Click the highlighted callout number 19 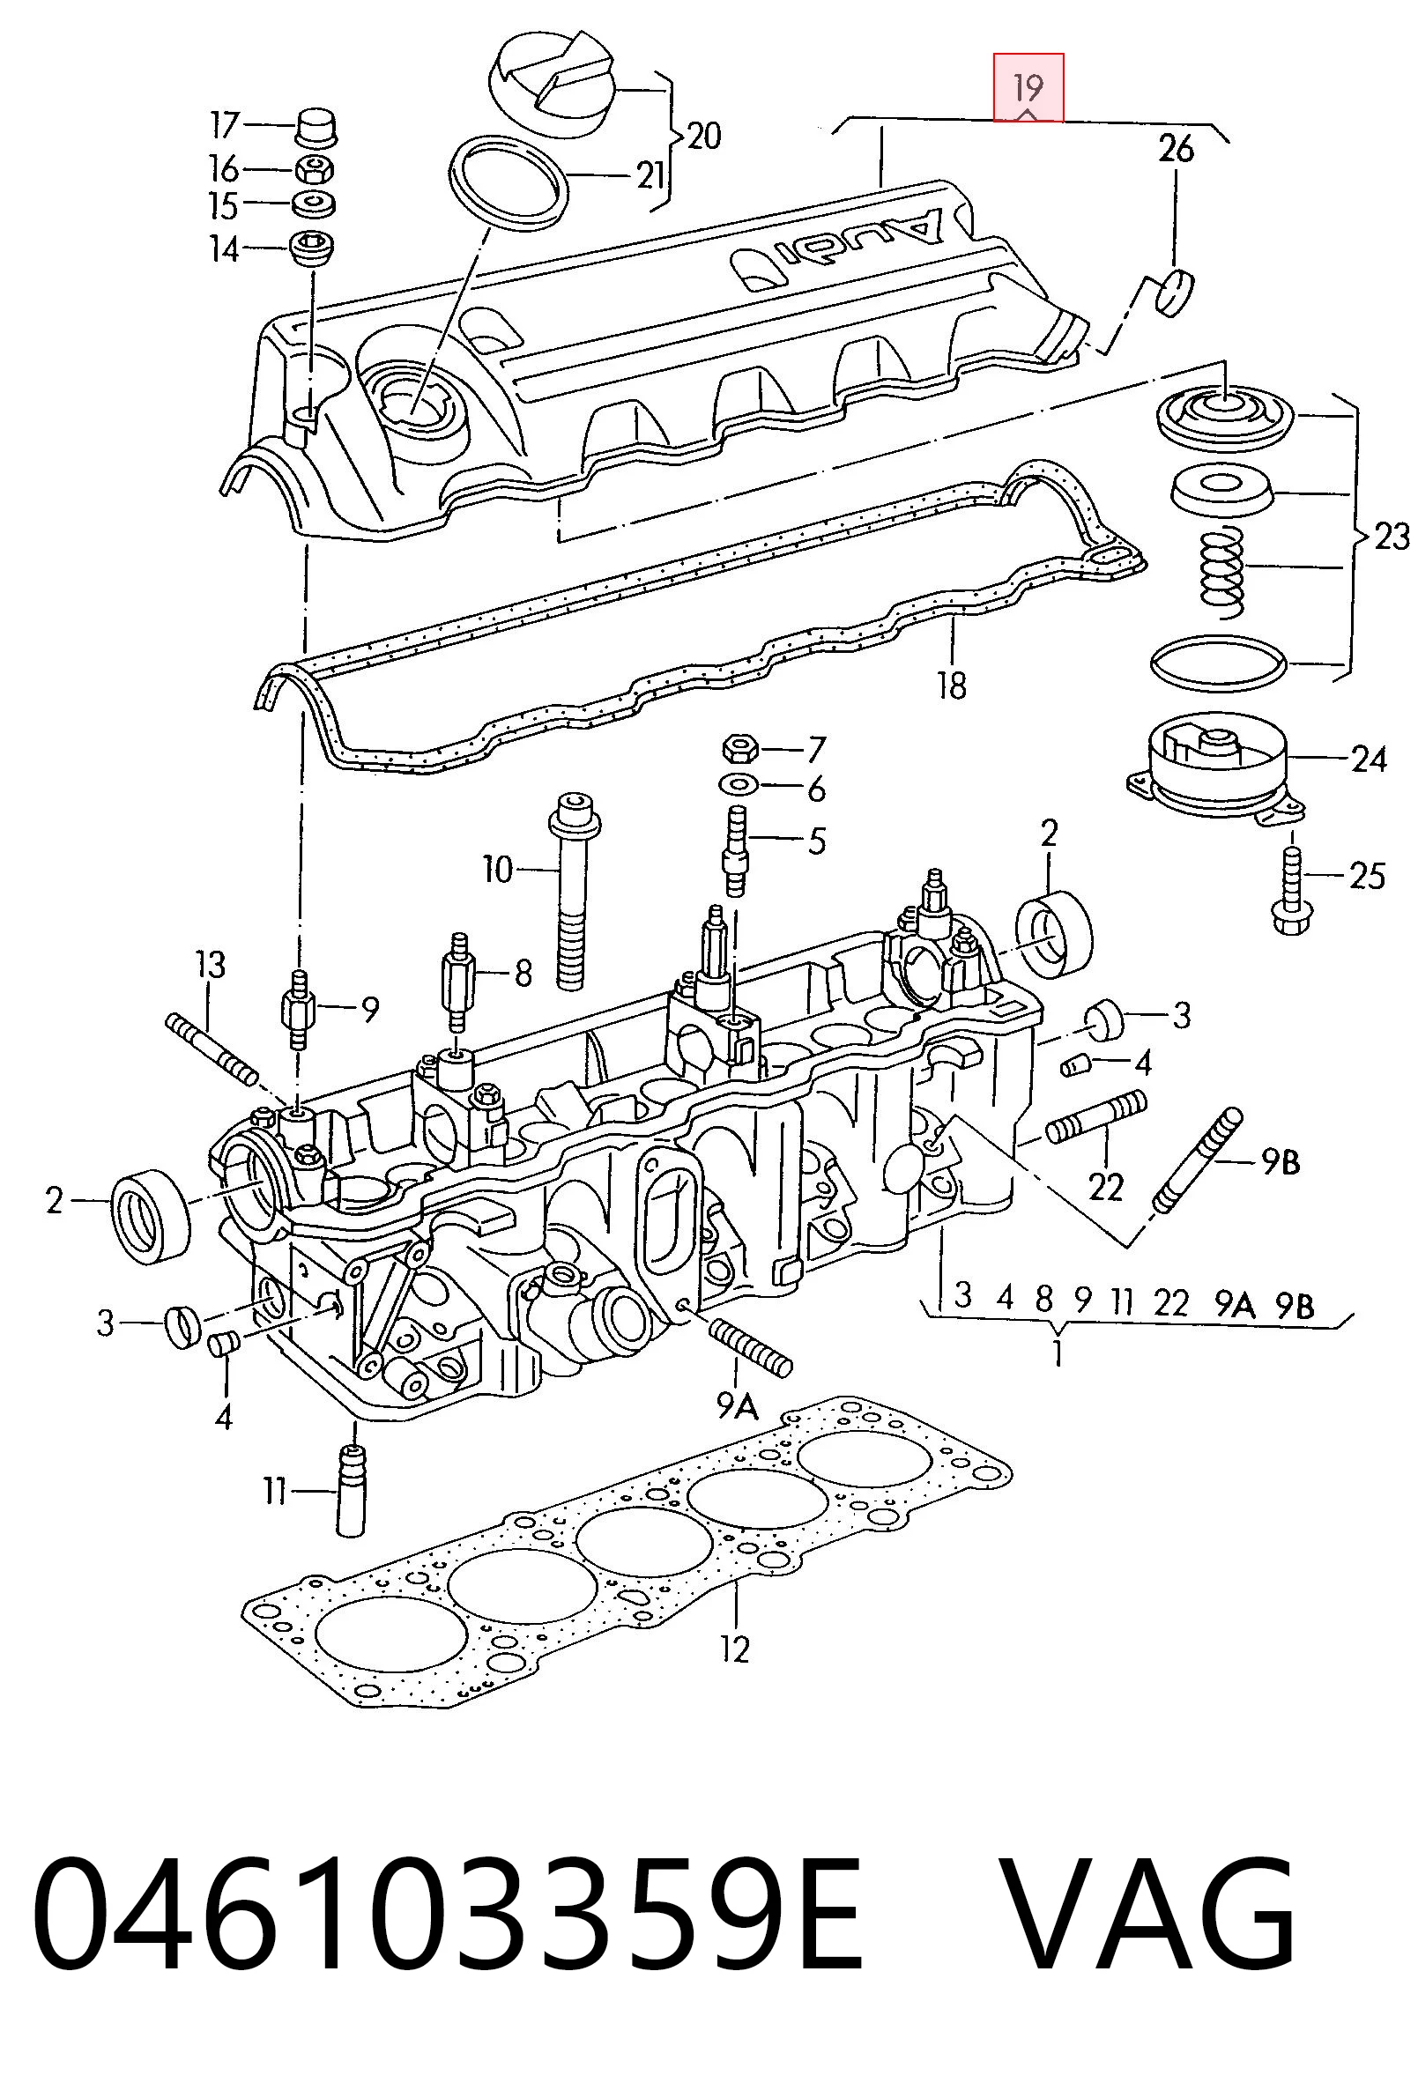coord(1028,88)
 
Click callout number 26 coord(1175,148)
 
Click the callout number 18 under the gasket coord(951,686)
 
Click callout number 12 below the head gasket coord(735,1649)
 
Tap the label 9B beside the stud coord(1281,1162)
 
